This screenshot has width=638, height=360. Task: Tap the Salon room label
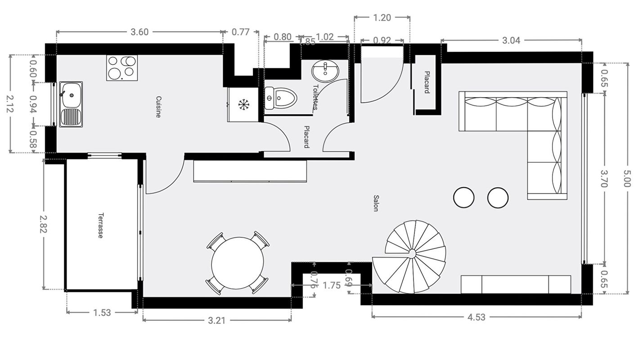tap(376, 203)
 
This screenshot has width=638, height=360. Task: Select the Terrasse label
tap(101, 225)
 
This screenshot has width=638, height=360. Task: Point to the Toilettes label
tap(315, 97)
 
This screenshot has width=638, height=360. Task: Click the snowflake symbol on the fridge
tap(243, 105)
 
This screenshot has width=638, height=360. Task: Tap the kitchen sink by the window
tap(71, 104)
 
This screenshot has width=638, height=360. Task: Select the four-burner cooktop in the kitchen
tap(122, 67)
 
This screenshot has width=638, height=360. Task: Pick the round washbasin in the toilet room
tap(326, 70)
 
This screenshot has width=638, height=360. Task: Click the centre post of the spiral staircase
tap(412, 254)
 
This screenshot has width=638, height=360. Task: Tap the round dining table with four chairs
tap(238, 263)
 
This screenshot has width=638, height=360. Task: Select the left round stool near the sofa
tap(463, 198)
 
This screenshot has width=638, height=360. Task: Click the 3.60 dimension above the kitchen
tap(139, 32)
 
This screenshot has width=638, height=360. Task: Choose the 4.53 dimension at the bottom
tap(476, 317)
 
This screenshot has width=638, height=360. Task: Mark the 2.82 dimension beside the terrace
tap(44, 224)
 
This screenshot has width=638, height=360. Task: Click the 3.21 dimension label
tap(217, 320)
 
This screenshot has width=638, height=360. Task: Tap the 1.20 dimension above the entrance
tap(382, 18)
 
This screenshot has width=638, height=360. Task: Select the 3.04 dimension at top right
tap(511, 40)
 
